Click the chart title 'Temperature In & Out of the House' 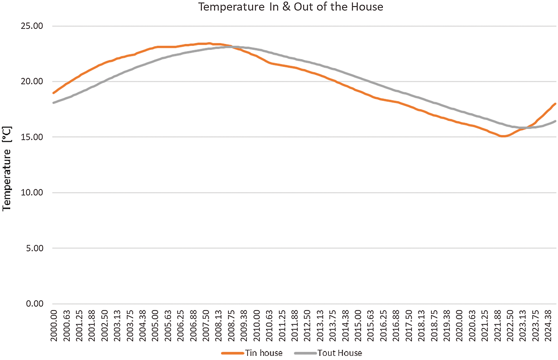(290, 7)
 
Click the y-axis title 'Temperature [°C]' (7, 169)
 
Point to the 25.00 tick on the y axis (32, 26)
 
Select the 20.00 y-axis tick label (32, 81)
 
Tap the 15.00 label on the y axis (32, 137)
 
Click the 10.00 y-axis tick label (32, 192)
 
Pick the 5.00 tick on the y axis (35, 248)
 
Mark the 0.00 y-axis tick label (35, 304)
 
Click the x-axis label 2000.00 (54, 325)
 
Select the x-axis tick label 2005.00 (155, 325)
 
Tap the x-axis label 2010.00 (257, 325)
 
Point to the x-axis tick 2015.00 (358, 325)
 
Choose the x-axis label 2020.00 (459, 325)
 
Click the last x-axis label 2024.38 (548, 325)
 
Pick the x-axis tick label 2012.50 (307, 325)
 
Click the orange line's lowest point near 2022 (503, 136)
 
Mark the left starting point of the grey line (53, 103)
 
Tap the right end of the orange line (555, 104)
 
